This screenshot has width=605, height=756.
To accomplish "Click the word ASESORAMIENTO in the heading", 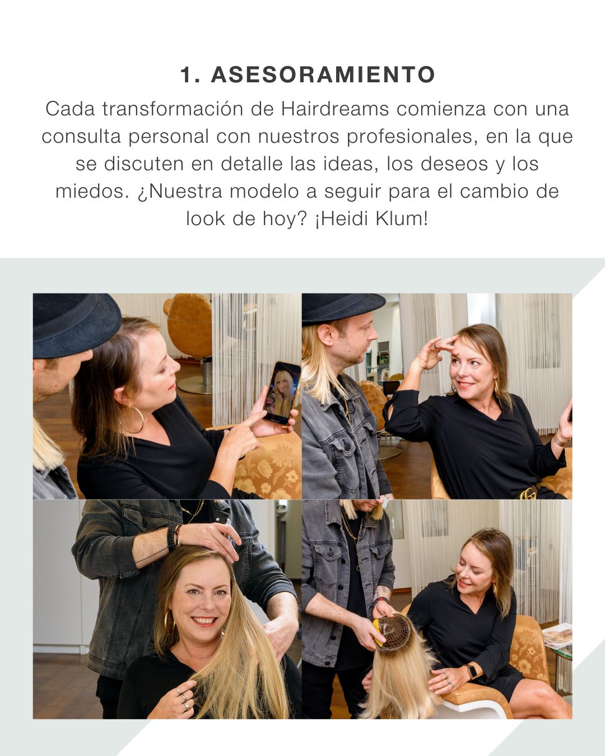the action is tap(323, 74).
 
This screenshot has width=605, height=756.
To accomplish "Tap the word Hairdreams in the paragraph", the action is tap(334, 109).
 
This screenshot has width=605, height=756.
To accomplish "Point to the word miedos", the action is tap(92, 192).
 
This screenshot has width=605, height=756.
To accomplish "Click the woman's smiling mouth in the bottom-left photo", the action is tap(204, 622).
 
